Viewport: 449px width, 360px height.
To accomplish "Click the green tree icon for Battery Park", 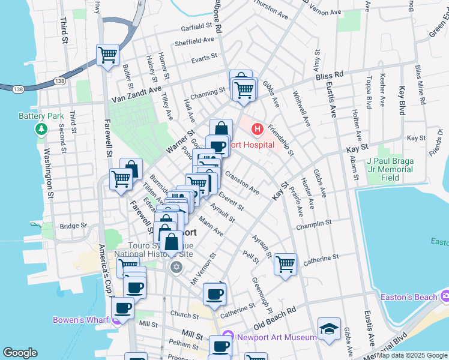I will tap(41, 129).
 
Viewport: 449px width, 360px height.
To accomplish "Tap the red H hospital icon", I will tap(257, 129).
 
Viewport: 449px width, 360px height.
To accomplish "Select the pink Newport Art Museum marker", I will tap(227, 337).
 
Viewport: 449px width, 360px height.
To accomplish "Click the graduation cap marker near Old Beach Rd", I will tap(329, 329).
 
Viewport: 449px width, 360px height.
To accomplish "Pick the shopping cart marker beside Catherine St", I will tap(286, 264).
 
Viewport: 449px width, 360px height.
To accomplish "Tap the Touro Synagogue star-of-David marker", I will tap(176, 266).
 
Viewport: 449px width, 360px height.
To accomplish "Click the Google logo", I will tap(20, 353).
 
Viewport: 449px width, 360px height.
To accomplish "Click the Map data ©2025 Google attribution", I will tap(412, 355).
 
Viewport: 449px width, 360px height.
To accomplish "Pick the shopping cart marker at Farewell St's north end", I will tap(108, 56).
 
